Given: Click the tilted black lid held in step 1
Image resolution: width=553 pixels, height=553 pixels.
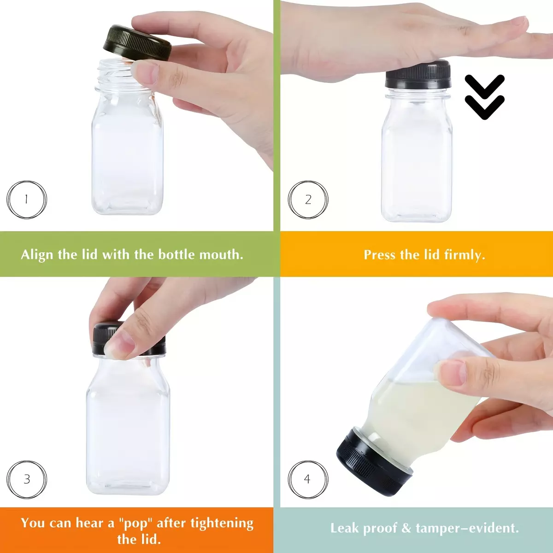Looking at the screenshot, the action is (137, 43).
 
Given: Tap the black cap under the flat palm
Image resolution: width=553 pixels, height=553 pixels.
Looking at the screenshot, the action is (418, 75).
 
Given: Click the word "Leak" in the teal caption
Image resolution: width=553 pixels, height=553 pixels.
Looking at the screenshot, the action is (344, 528).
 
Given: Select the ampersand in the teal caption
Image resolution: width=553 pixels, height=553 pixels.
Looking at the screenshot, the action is (406, 528).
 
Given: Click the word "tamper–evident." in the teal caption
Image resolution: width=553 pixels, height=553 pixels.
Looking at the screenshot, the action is (467, 529).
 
